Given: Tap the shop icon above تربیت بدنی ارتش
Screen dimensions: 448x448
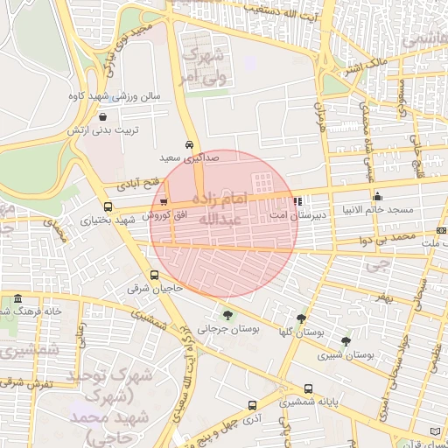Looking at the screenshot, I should click(104, 115).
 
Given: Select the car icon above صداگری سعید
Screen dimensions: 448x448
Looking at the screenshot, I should click(189, 144).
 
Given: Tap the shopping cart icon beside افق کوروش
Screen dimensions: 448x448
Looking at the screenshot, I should click(163, 202).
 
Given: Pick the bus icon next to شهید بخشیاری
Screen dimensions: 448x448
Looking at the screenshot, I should click(108, 207).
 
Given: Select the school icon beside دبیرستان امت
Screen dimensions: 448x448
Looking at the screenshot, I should click(298, 200).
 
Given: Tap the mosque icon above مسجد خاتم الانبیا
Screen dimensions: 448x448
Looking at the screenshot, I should click(377, 196).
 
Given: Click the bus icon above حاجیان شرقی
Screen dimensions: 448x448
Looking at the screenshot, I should click(155, 275).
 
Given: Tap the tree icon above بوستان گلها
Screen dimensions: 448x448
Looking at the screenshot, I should click(302, 318).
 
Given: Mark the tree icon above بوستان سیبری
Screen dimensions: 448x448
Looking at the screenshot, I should click(346, 341).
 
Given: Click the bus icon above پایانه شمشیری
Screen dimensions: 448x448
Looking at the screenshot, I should click(308, 388).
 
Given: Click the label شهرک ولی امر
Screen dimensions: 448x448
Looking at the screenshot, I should click(199, 66).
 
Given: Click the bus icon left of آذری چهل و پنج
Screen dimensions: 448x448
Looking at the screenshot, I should click(253, 406).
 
